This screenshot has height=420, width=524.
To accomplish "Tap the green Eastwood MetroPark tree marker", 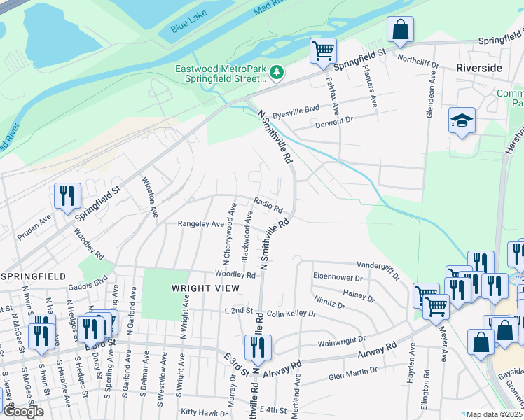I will point(277,72).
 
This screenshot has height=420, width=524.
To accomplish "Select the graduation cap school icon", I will point(462,121).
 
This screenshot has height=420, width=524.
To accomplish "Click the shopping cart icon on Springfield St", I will point(324,50).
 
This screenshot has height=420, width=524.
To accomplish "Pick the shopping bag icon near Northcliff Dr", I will point(401,29).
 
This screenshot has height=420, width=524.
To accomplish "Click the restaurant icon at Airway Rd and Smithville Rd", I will point(258,346).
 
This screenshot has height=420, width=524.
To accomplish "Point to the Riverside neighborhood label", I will point(479,68).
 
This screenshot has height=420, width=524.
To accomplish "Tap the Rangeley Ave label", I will point(200,224).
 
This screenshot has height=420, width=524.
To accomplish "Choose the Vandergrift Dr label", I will point(378,266).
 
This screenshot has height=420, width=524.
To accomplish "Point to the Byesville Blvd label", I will point(296,108).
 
